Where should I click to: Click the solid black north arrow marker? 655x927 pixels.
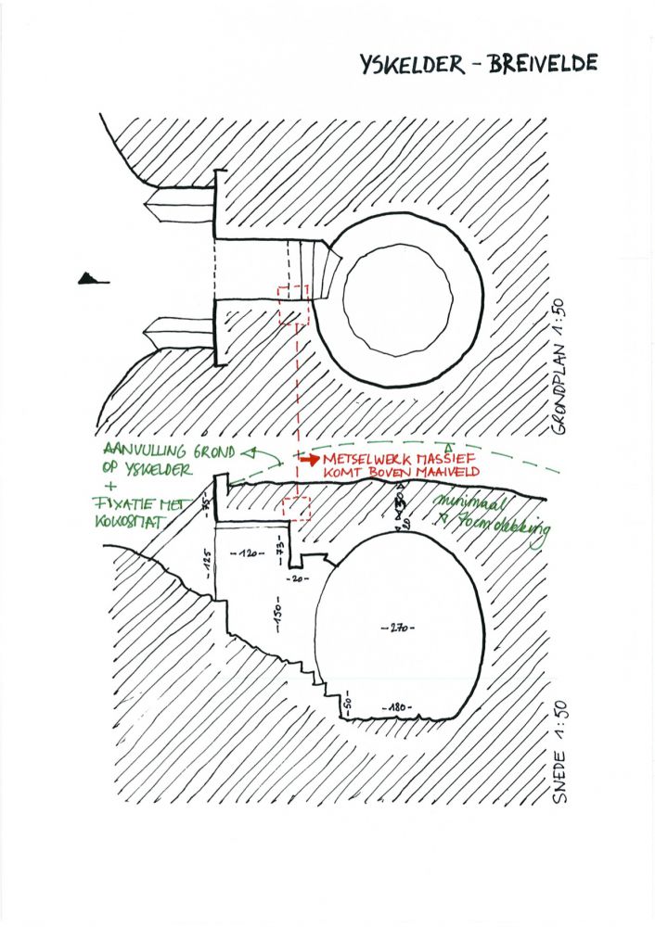coord(92,277)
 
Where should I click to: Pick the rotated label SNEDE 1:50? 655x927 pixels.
coord(559,761)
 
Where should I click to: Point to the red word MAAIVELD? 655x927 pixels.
coord(423,473)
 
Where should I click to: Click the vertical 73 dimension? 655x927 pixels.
coord(277,540)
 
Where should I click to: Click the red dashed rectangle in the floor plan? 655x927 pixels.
coord(293,305)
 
